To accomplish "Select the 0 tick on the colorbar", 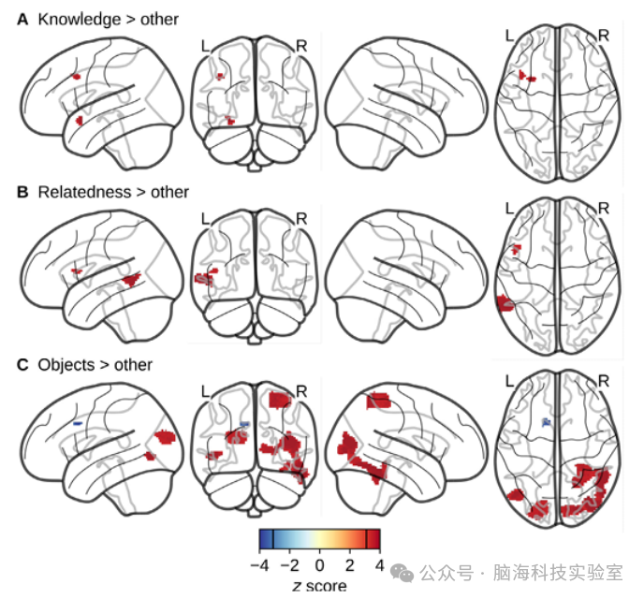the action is tap(320, 565).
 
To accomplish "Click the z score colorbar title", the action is tap(319, 586).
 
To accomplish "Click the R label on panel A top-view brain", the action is tap(604, 36).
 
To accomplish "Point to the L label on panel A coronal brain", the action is tap(205, 45).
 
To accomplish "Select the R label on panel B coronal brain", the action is tap(301, 218).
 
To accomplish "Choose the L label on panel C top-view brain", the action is tap(510, 381).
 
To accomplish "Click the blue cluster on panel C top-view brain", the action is tap(547, 423).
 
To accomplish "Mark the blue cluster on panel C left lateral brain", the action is tap(78, 424).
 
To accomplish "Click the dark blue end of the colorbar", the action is tap(268, 539).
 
